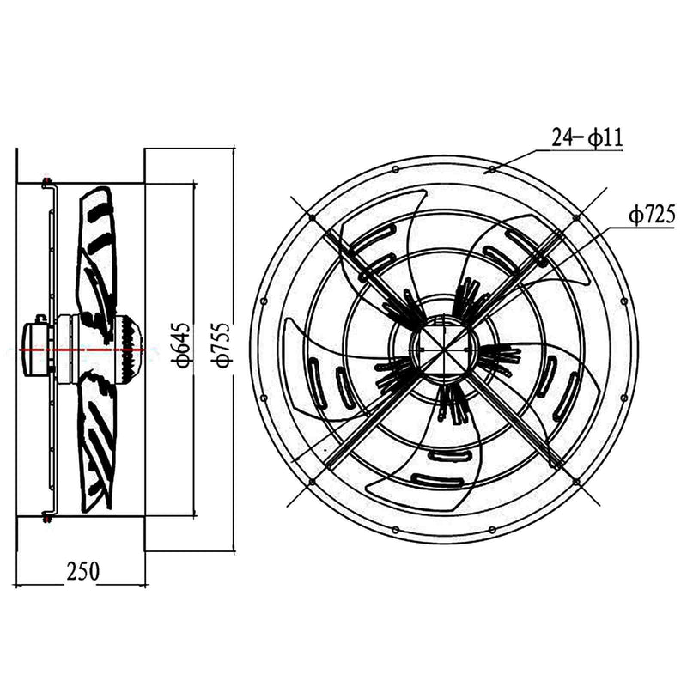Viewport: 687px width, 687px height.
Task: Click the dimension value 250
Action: point(82,571)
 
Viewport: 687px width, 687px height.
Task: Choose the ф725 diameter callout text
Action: point(650,215)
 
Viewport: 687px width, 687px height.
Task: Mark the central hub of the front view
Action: point(443,350)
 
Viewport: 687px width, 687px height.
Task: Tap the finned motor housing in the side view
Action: point(129,343)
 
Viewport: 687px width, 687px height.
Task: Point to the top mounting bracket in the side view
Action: point(48,183)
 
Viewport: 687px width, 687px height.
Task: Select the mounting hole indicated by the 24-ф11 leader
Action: point(491,170)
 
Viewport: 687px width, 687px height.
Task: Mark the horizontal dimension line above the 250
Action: point(82,585)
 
